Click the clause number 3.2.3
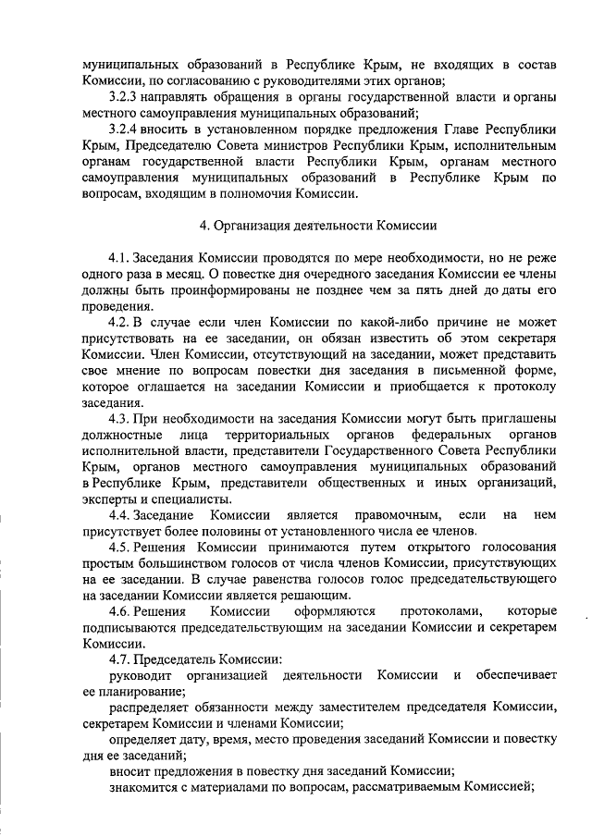coord(125,97)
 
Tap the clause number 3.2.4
coord(125,129)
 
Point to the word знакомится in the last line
coord(144,788)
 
